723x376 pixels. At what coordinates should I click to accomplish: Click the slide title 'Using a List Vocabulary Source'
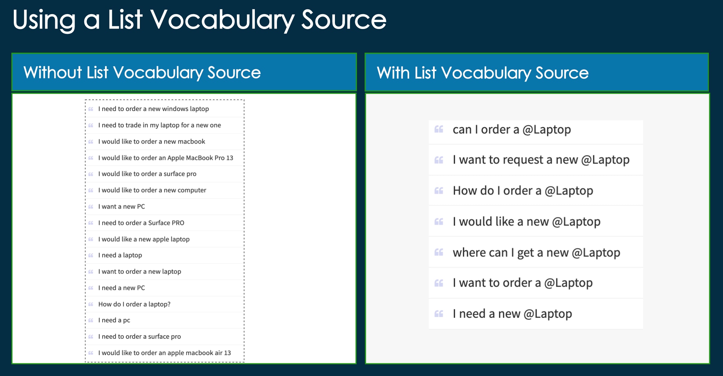(199, 20)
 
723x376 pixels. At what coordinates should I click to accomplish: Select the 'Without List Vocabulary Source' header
(142, 72)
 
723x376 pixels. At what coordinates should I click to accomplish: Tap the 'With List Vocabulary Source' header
(483, 73)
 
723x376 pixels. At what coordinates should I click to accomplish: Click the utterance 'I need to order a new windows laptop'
(154, 109)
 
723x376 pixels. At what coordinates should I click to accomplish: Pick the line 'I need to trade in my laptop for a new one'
(160, 125)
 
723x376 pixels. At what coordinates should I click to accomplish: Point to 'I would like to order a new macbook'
(152, 141)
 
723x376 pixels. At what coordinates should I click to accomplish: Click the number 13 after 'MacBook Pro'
(230, 158)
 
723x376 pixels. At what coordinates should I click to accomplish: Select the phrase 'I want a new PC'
(122, 207)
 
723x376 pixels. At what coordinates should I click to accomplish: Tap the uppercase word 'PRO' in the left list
(178, 223)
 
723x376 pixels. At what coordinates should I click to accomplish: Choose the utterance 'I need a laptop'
(120, 255)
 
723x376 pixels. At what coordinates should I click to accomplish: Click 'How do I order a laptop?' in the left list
(134, 304)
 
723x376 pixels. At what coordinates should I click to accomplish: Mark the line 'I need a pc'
(114, 320)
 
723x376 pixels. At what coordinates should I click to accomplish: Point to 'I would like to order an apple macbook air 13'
(165, 353)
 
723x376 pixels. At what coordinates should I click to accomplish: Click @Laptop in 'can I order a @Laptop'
(547, 130)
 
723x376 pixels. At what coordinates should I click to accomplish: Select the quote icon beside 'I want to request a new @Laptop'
(439, 160)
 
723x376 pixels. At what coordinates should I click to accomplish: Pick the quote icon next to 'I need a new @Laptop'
(439, 314)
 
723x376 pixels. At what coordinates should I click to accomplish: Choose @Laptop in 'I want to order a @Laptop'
(568, 283)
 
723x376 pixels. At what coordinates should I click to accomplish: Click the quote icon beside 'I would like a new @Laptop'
(439, 221)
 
